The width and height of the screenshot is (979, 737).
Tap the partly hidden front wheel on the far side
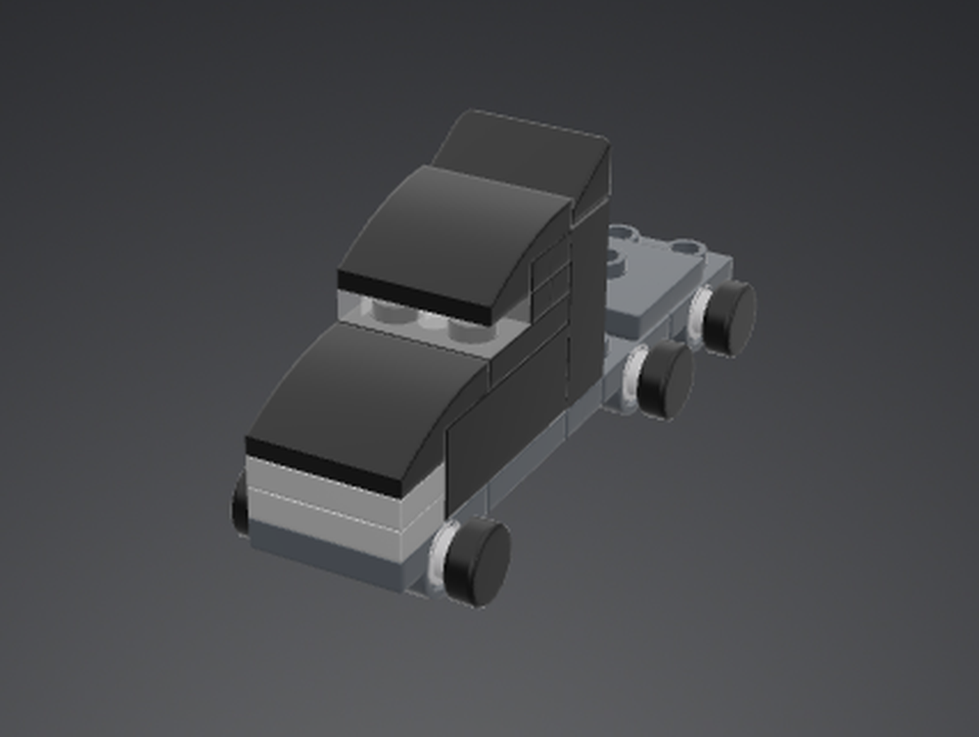coord(238,504)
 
